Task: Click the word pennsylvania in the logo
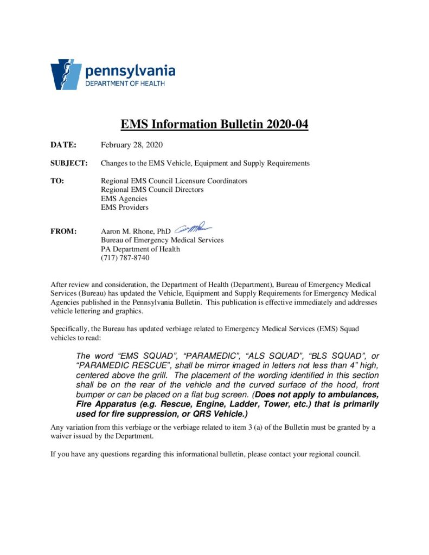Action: click(130, 70)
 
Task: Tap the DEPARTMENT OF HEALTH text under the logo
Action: click(125, 83)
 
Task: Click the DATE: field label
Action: click(63, 145)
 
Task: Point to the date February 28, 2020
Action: click(132, 145)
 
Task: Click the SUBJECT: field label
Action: click(69, 163)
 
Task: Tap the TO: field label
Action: click(57, 181)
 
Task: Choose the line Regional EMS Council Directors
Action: click(152, 190)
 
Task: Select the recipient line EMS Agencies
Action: click(124, 198)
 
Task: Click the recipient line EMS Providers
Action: click(125, 207)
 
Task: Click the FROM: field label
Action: click(63, 231)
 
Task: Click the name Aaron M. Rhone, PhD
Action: click(136, 231)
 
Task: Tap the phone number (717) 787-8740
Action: click(125, 257)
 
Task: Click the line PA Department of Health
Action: click(140, 249)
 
